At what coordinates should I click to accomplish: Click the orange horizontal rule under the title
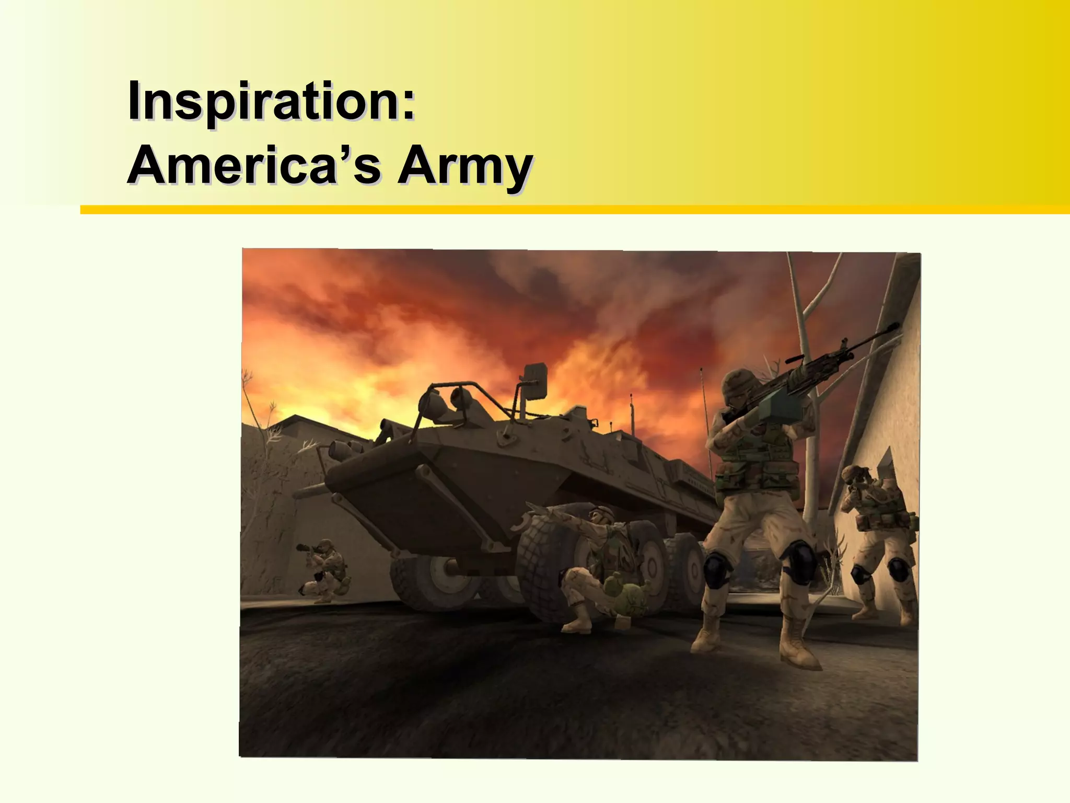(x=575, y=210)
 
